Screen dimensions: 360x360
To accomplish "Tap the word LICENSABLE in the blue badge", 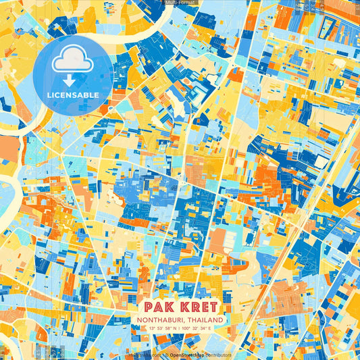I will click(x=72, y=95).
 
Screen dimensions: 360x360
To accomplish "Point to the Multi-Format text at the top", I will click(x=180, y=3).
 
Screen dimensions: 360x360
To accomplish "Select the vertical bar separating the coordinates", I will click(x=179, y=328).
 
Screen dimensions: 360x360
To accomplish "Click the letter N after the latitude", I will click(x=174, y=328).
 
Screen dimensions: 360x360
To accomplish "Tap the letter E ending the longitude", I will click(x=209, y=328).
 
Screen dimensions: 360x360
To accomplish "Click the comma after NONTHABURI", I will click(x=184, y=322).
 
